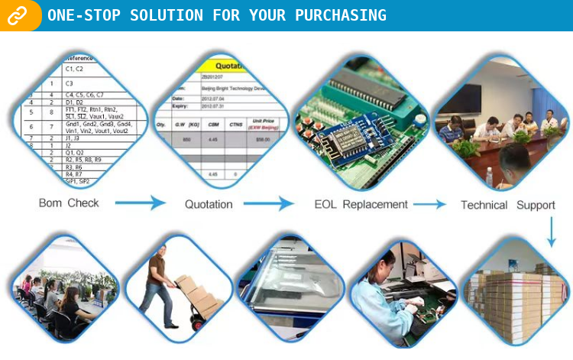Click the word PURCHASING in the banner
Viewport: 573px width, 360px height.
click(x=338, y=15)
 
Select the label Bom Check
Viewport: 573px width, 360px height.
click(x=69, y=203)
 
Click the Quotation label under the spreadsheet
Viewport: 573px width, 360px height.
click(x=209, y=204)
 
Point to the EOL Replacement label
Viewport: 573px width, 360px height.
click(x=361, y=204)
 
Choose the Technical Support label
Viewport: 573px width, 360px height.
click(x=507, y=205)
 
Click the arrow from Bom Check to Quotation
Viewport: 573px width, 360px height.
click(x=141, y=203)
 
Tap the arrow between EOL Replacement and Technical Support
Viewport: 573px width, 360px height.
click(x=430, y=204)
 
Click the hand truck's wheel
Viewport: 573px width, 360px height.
click(x=197, y=326)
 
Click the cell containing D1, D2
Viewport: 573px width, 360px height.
click(x=75, y=102)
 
